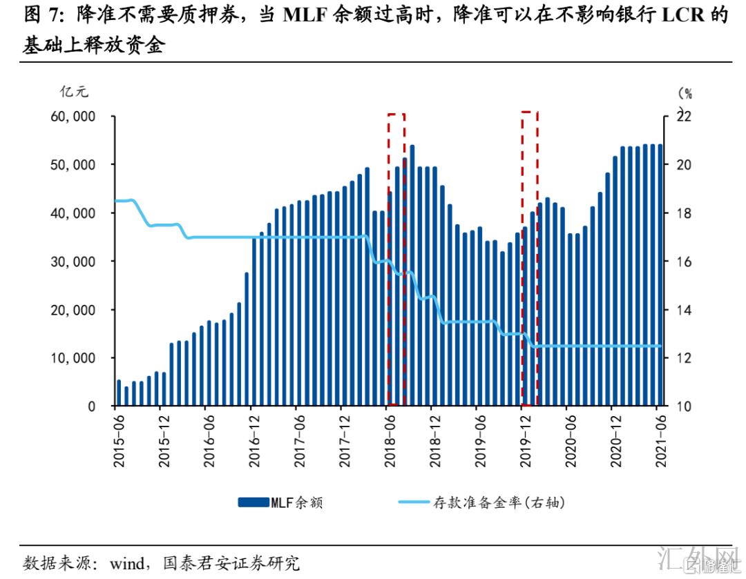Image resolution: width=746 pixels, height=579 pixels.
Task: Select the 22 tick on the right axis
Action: pyautogui.click(x=682, y=117)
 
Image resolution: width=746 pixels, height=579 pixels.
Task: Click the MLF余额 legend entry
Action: pyautogui.click(x=280, y=503)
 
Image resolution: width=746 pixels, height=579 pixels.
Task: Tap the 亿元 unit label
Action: pyautogui.click(x=75, y=90)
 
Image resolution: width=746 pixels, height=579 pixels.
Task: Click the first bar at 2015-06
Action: pyautogui.click(x=119, y=393)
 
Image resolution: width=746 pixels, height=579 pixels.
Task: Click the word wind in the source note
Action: pyautogui.click(x=125, y=563)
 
